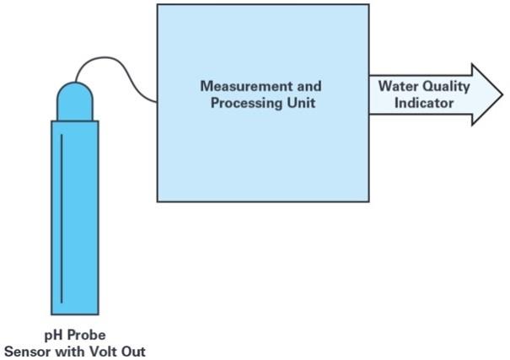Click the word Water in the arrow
pyautogui.click(x=396, y=86)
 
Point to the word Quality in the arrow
pyautogui.click(x=448, y=86)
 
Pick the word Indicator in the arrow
pyautogui.click(x=424, y=104)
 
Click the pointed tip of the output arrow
pyautogui.click(x=502, y=95)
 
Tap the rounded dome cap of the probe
pyautogui.click(x=74, y=100)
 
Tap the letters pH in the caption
pyautogui.click(x=55, y=335)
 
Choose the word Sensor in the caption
pyautogui.click(x=28, y=351)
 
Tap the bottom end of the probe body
pyautogui.click(x=74, y=312)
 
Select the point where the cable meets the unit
pyautogui.click(x=157, y=102)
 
